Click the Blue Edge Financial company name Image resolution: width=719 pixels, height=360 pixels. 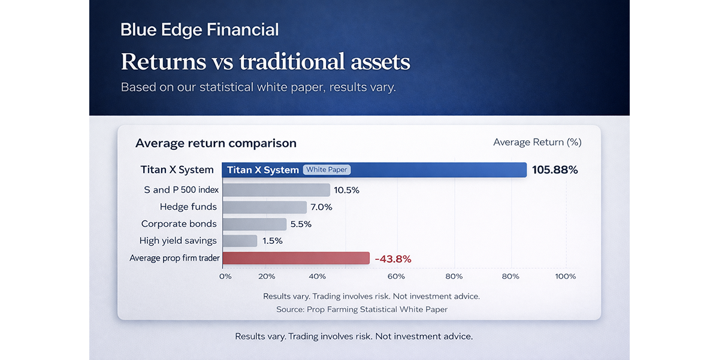200,30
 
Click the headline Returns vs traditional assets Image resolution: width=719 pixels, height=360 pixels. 265,62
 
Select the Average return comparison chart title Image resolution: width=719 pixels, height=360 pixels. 216,143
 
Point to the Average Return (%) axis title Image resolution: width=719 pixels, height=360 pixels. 537,142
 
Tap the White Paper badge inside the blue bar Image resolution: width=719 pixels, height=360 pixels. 327,170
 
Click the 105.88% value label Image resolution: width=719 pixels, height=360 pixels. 555,170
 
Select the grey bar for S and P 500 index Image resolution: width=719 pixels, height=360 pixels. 276,190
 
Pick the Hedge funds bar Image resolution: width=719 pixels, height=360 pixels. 264,207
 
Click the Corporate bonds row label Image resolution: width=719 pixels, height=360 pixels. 179,224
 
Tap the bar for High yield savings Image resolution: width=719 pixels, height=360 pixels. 240,241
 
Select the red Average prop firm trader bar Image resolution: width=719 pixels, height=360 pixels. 295,258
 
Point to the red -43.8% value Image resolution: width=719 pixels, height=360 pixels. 393,259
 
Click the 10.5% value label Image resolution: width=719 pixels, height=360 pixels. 347,190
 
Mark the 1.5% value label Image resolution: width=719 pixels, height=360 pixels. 273,241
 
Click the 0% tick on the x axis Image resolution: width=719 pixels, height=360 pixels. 225,276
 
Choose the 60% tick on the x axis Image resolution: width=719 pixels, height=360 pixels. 396,276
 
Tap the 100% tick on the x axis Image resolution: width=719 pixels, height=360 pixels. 566,276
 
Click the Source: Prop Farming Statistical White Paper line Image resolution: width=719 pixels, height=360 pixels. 362,310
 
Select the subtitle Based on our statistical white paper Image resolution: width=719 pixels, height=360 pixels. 258,87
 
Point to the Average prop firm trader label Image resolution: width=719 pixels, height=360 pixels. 174,258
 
